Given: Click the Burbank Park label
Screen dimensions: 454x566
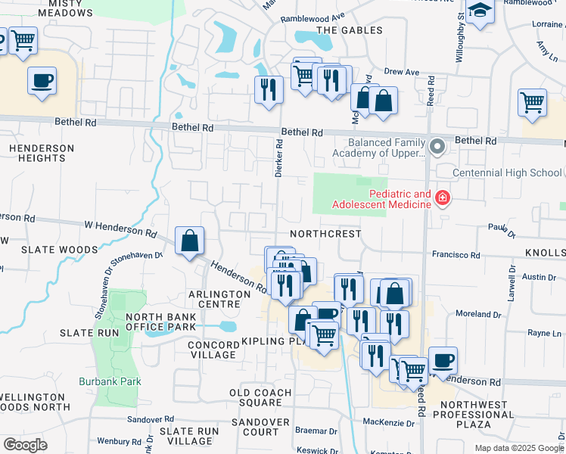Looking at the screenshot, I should [x=110, y=381].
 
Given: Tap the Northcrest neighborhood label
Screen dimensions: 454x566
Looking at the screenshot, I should [x=325, y=235].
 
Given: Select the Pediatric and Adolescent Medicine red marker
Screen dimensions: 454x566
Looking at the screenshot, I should [x=443, y=199].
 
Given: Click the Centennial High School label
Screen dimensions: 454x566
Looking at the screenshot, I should [x=506, y=173].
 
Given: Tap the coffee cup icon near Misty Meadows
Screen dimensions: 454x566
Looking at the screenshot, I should [x=42, y=80].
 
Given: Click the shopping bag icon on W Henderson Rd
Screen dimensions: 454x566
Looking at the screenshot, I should [x=189, y=241].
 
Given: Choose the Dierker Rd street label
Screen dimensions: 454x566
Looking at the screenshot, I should [x=279, y=157].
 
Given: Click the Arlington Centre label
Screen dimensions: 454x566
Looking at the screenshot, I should [x=219, y=299].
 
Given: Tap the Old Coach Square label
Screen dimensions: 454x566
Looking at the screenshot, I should [x=261, y=398].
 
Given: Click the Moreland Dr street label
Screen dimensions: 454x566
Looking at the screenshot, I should [x=474, y=313].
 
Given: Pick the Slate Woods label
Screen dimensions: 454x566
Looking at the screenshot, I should [x=60, y=250].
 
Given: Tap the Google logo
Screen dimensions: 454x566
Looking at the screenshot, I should [x=25, y=444].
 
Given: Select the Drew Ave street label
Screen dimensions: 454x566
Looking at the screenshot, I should [x=401, y=72].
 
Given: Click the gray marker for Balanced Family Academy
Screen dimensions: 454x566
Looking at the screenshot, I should [x=437, y=145].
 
